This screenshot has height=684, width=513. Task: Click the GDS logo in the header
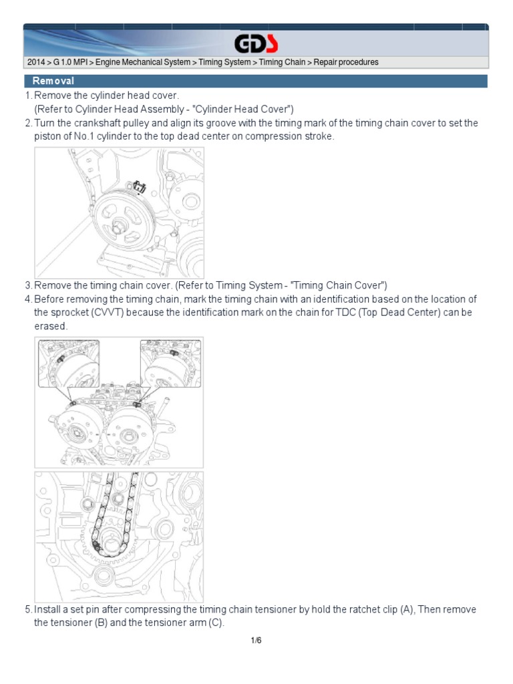click(256, 43)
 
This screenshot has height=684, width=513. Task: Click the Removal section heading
click(53, 81)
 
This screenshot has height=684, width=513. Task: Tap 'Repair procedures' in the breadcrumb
click(346, 62)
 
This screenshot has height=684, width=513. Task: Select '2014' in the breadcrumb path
click(36, 62)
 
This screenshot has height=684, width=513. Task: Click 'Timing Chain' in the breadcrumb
click(282, 62)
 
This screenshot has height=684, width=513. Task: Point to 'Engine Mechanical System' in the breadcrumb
click(143, 62)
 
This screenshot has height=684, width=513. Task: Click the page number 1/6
click(256, 640)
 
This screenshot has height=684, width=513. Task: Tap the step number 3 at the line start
click(28, 285)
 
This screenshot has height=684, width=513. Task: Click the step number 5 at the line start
click(28, 609)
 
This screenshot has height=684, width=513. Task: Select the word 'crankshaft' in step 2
click(95, 123)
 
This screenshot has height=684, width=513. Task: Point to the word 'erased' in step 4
click(50, 326)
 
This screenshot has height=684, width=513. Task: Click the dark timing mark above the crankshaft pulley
click(139, 187)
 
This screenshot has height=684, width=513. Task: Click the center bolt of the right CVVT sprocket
click(129, 436)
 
